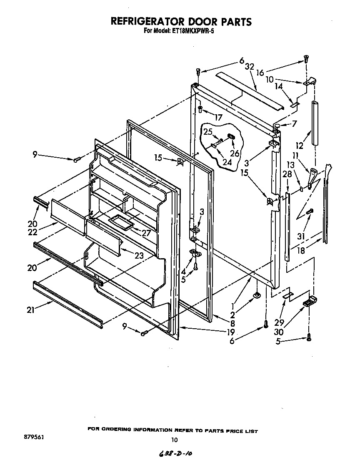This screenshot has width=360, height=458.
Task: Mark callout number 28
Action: click(x=287, y=174)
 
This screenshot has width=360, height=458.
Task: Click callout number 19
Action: click(x=230, y=332)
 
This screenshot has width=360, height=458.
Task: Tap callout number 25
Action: click(x=208, y=132)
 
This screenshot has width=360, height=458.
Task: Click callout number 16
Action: click(x=260, y=72)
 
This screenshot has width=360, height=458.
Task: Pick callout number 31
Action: click(x=301, y=236)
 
